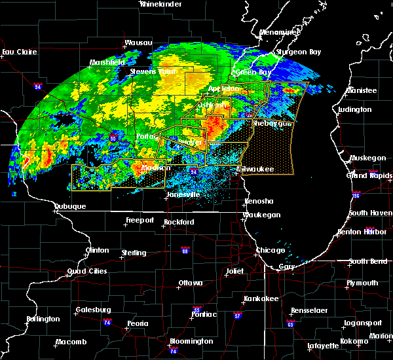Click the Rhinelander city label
160,4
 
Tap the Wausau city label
138,44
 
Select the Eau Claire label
18,52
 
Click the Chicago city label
271,251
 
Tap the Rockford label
179,222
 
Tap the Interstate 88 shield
185,251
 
